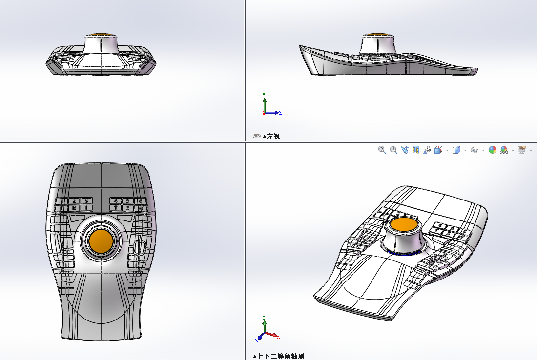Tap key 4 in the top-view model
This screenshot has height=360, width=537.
click(115, 200)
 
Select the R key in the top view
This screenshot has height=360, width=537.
click(74, 208)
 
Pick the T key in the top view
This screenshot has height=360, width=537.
click(115, 208)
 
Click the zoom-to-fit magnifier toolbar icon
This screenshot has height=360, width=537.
click(382, 150)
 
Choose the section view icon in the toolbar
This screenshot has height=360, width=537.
click(416, 150)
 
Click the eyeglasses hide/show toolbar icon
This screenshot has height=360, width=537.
click(474, 150)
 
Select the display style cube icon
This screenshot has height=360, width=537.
click(456, 150)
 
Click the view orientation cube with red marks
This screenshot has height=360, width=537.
click(438, 150)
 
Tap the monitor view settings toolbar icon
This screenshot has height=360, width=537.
click(521, 150)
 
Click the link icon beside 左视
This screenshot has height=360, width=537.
click(256, 136)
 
